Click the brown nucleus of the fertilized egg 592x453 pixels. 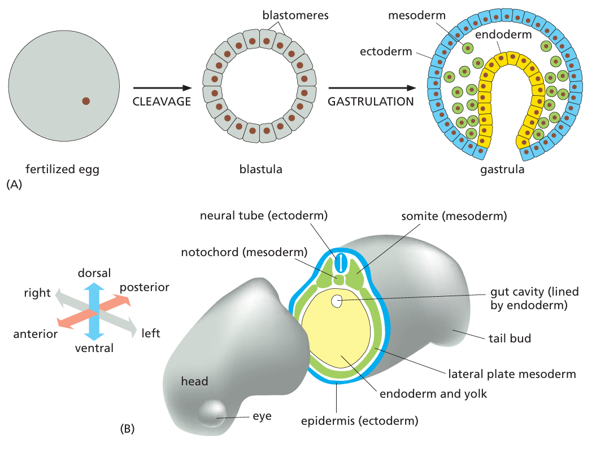click(x=86, y=101)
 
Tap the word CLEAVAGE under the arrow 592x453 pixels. click(x=161, y=102)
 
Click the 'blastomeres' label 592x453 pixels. click(x=295, y=16)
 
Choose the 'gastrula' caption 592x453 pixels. click(x=503, y=169)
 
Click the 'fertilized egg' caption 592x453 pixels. click(x=63, y=169)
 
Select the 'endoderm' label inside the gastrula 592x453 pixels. click(x=503, y=34)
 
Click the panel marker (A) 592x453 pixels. click(x=13, y=184)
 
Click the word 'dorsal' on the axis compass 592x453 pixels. click(x=94, y=273)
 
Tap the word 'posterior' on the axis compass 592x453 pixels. click(x=145, y=287)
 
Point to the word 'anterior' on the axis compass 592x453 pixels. click(x=36, y=334)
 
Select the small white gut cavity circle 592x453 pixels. click(x=337, y=301)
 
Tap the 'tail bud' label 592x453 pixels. click(x=510, y=338)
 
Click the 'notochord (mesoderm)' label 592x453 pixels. click(x=244, y=252)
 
